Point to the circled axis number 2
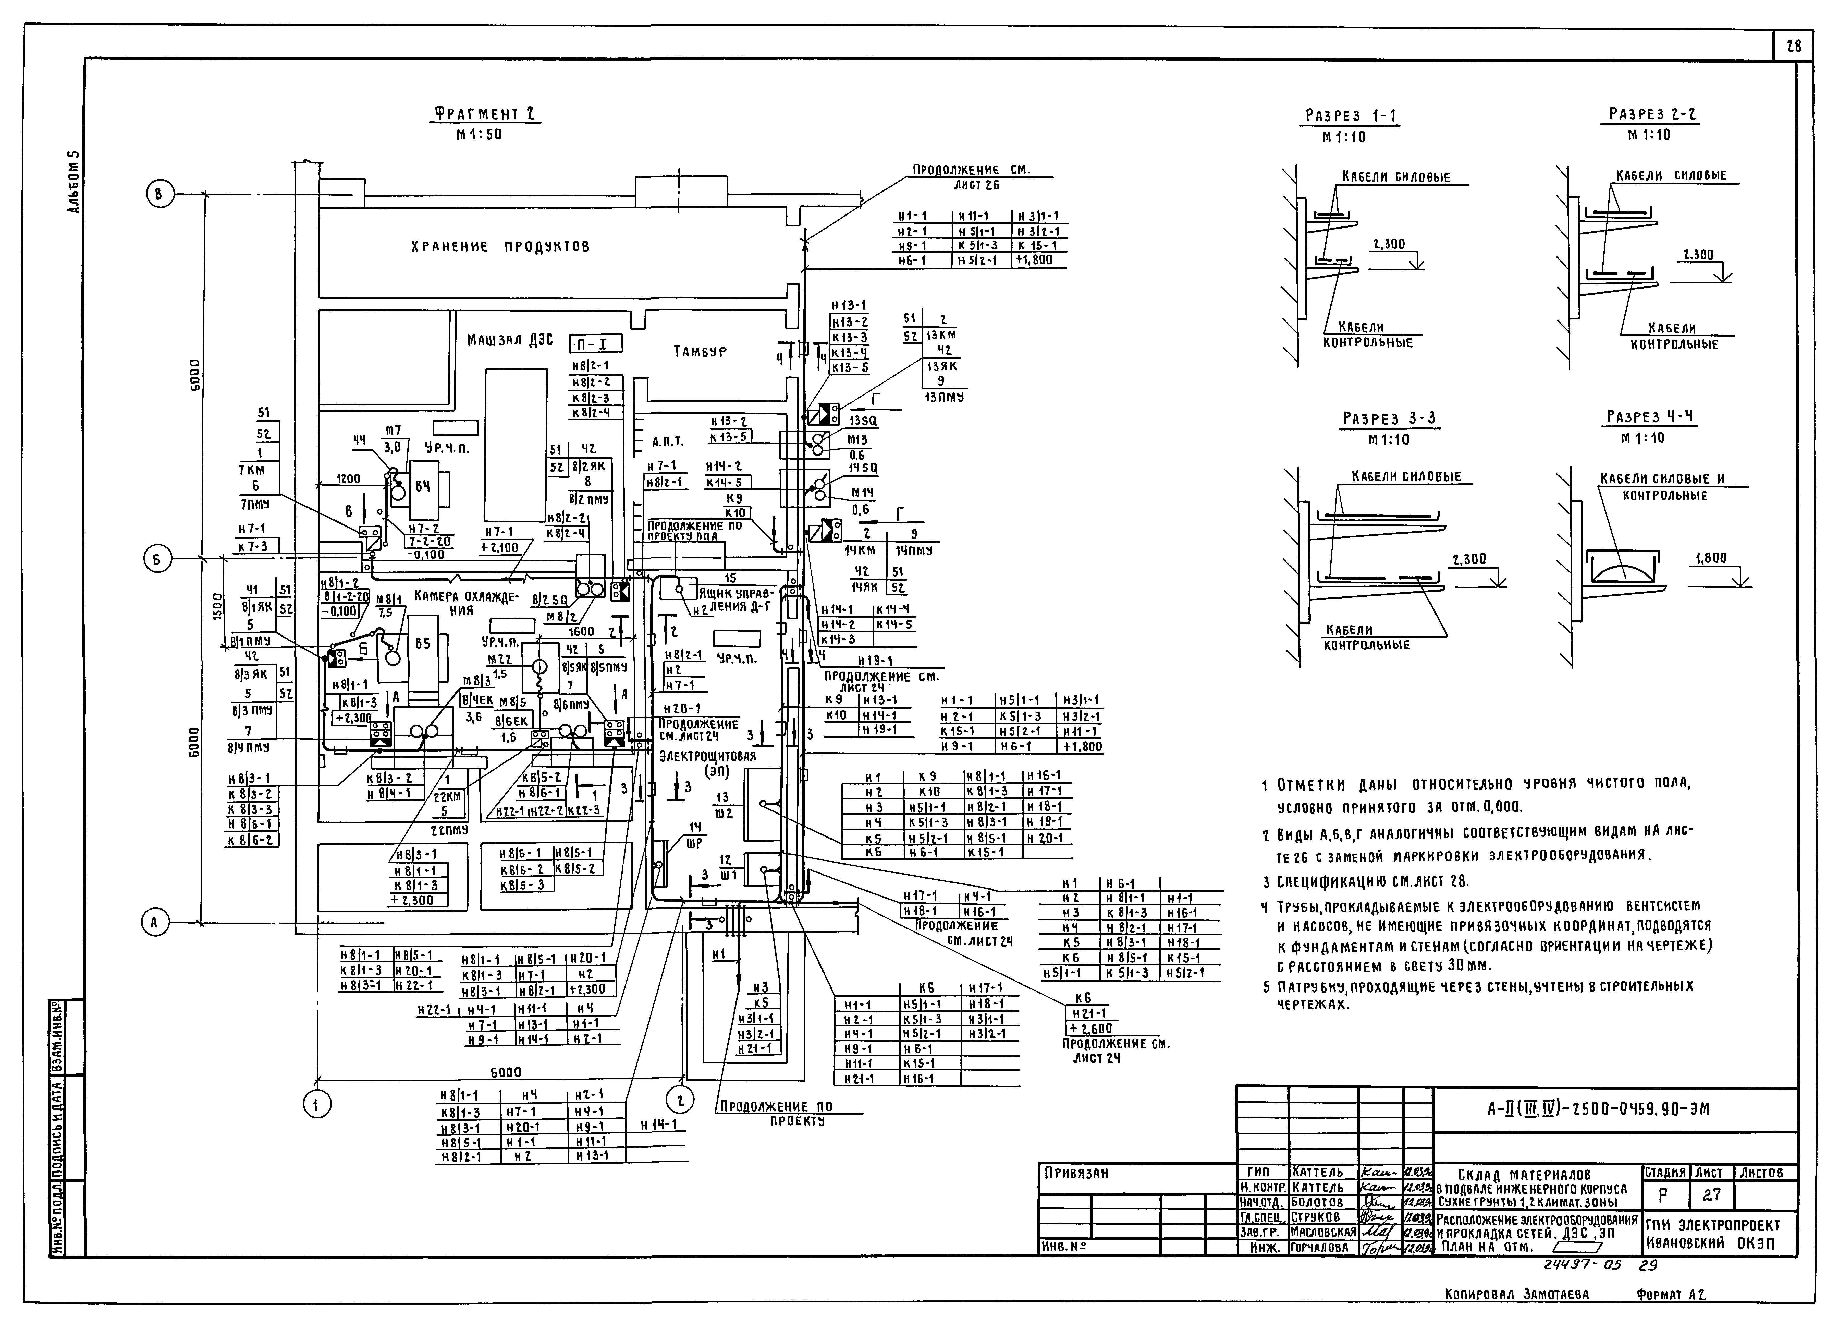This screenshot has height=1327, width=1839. click(680, 1100)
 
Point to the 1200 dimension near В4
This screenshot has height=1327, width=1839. click(348, 479)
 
